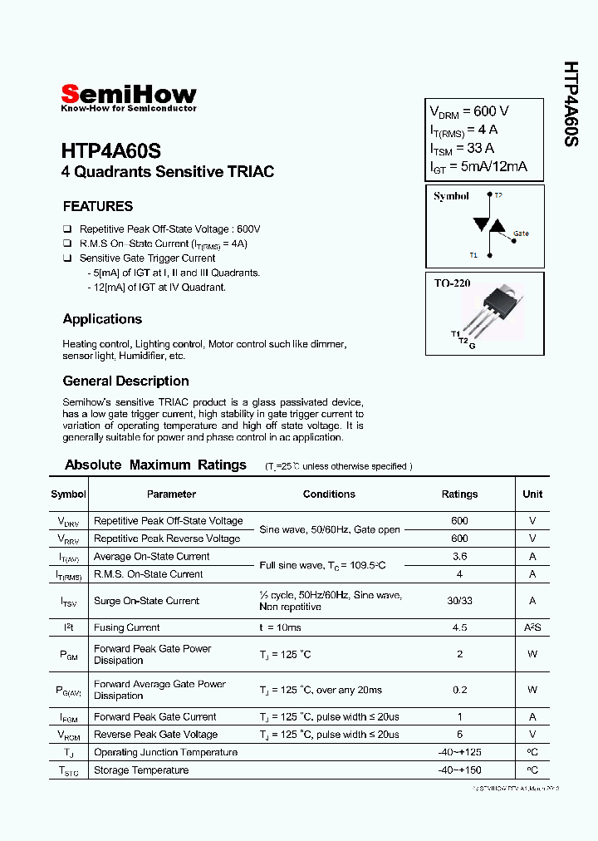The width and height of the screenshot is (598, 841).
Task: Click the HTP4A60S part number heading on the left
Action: click(110, 151)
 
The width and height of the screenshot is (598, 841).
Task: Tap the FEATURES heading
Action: click(98, 206)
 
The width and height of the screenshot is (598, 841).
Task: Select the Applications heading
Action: click(102, 319)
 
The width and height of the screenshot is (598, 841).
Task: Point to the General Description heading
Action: click(125, 381)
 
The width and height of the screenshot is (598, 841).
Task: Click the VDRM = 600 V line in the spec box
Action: click(469, 112)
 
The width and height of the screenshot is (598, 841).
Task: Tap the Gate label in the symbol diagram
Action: click(520, 234)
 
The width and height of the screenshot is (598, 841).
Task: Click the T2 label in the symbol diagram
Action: click(498, 196)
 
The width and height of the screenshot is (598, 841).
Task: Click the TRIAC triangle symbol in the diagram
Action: click(486, 225)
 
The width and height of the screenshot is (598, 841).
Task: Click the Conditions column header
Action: click(329, 494)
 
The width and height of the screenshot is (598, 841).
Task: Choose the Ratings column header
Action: click(459, 494)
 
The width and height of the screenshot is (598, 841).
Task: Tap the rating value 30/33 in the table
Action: click(459, 601)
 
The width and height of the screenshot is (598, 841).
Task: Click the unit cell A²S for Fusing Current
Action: click(532, 627)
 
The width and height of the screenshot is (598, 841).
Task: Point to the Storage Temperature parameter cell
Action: click(141, 770)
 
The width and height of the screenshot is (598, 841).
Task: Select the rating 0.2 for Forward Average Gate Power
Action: click(459, 690)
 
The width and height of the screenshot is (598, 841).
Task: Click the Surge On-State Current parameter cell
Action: click(146, 601)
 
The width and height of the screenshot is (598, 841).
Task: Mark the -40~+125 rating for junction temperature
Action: click(459, 752)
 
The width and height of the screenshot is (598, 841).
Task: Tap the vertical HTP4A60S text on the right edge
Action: click(571, 104)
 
